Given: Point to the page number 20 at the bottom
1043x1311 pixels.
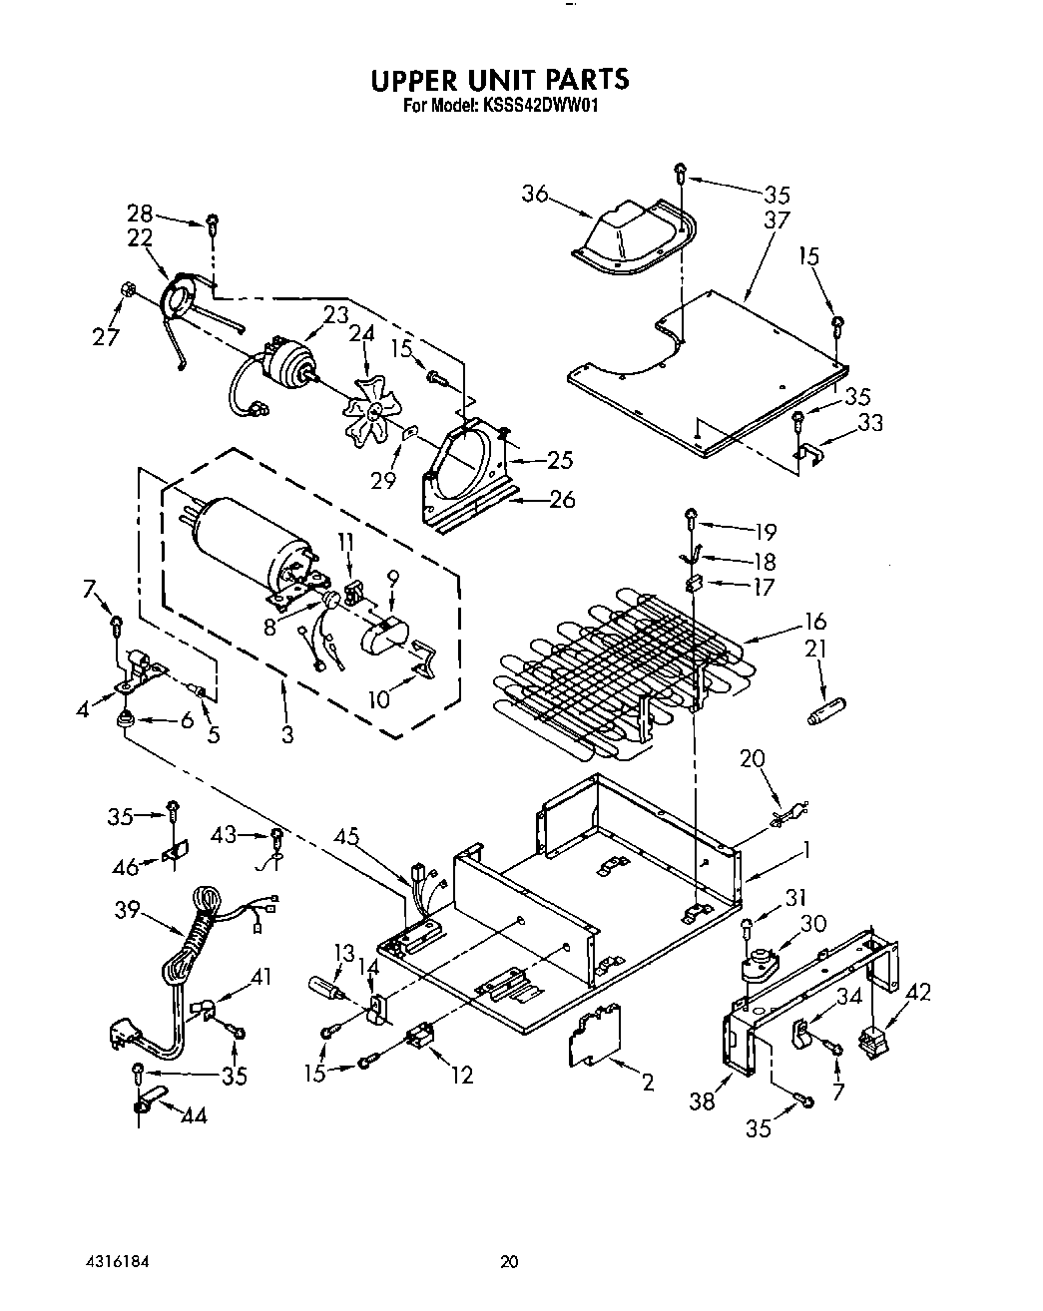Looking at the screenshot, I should [509, 1262].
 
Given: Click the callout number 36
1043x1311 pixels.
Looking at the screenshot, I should [536, 194].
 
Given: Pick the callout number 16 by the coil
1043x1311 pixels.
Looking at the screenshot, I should [813, 624].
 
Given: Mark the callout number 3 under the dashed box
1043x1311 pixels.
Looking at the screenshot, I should [287, 736].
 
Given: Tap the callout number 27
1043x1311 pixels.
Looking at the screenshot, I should [107, 336].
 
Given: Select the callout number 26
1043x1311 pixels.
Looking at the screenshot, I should [562, 498].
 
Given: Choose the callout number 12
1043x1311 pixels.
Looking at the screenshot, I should [461, 1075].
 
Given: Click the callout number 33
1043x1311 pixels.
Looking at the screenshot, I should [870, 422].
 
